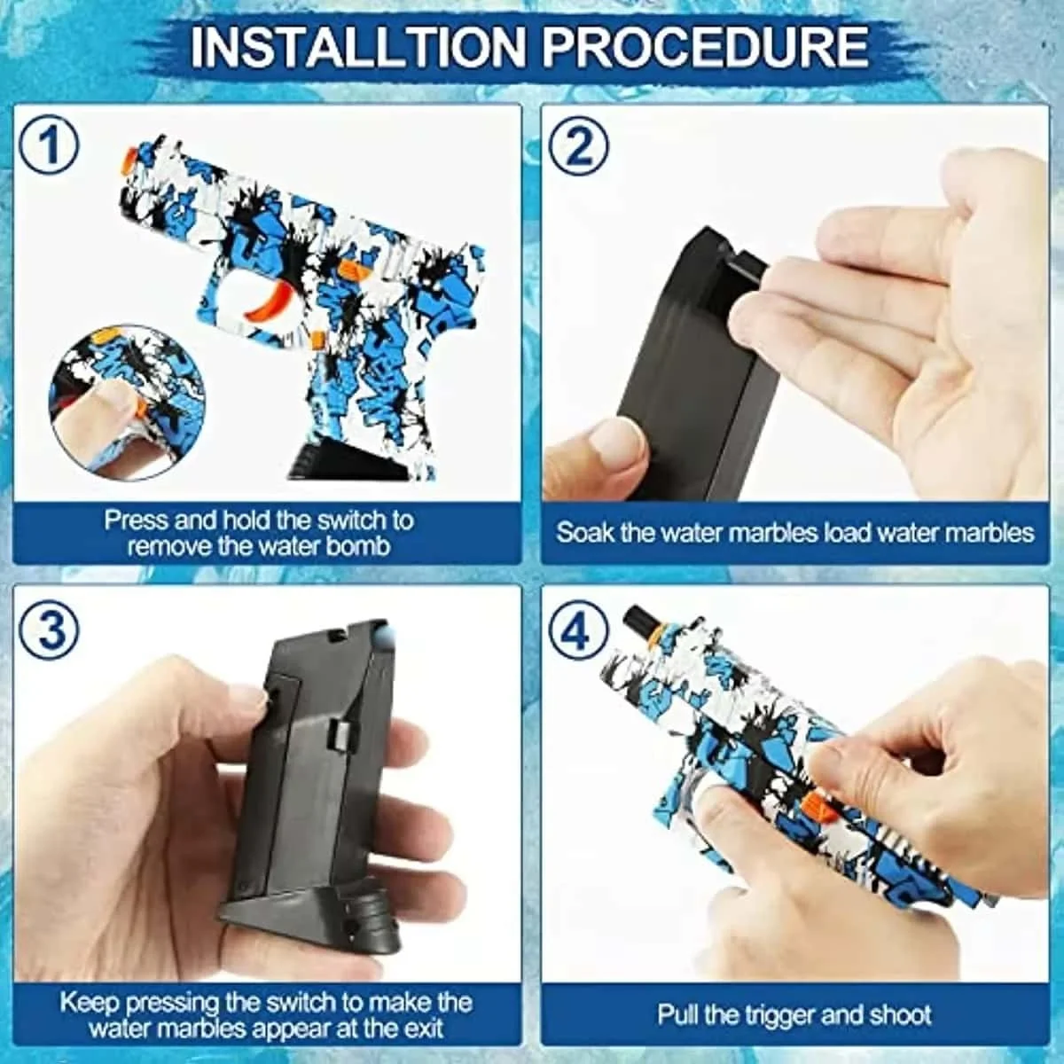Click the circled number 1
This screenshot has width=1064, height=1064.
(49, 145)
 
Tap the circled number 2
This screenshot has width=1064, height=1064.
(579, 145)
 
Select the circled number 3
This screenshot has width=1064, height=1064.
(49, 630)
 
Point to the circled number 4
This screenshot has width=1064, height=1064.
(579, 631)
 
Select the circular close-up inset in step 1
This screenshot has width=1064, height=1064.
(127, 402)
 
